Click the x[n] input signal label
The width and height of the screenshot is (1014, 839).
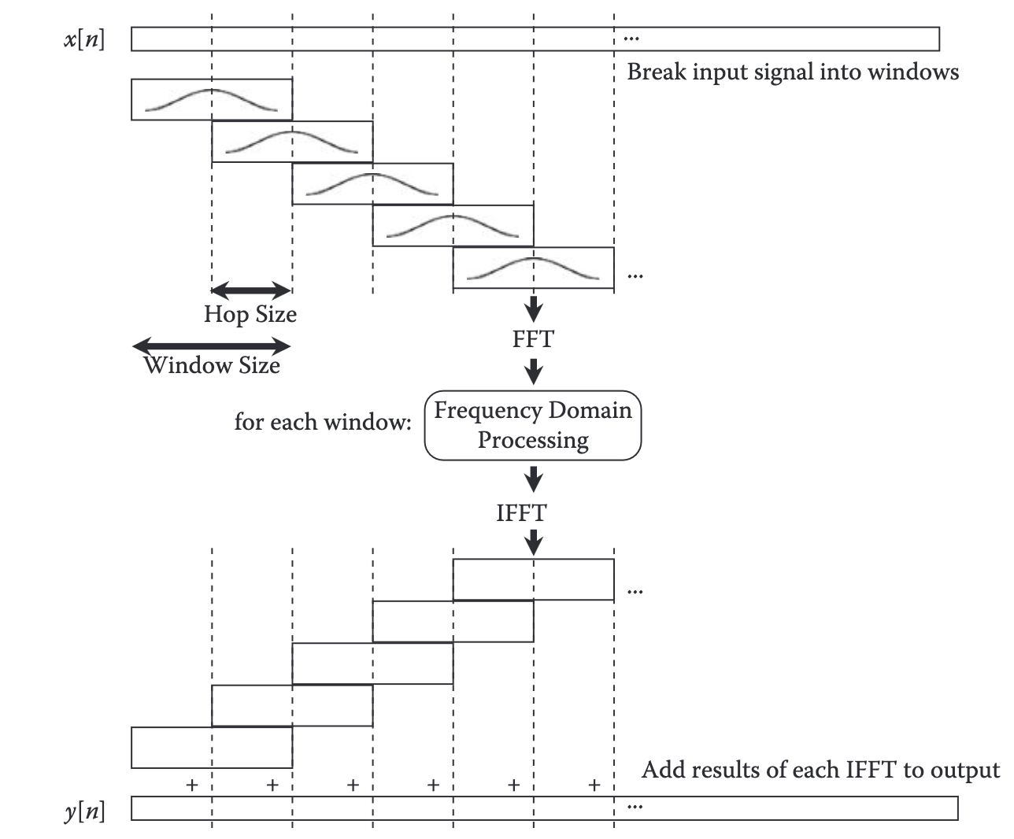coord(84,39)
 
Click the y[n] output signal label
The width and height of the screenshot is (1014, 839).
coord(84,810)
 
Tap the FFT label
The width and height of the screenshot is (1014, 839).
coord(533,339)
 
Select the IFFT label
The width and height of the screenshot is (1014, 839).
coord(520,513)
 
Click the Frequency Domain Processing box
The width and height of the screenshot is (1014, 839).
coord(533,425)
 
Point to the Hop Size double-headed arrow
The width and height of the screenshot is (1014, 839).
coord(251,290)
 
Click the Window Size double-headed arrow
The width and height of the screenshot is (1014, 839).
coord(211,346)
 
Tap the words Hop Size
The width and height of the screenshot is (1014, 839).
coord(250,314)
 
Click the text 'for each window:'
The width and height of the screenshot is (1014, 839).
coord(323,422)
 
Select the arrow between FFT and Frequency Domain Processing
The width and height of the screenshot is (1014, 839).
coord(533,371)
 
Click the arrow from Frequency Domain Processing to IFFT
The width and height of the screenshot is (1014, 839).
coord(533,479)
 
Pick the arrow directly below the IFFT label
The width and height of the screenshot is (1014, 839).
coord(534,541)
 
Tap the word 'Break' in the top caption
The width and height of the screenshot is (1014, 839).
coord(657,72)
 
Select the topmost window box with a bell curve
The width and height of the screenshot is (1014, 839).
coord(211,99)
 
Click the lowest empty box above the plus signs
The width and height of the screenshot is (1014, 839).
coord(211,747)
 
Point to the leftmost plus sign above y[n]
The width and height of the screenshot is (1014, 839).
coord(191,785)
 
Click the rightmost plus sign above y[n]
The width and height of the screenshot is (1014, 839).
coord(594,785)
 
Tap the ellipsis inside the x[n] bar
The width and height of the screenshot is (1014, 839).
coord(631,38)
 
